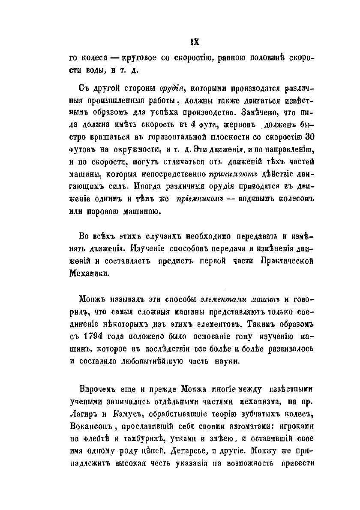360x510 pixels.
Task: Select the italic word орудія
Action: coord(160,89)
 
